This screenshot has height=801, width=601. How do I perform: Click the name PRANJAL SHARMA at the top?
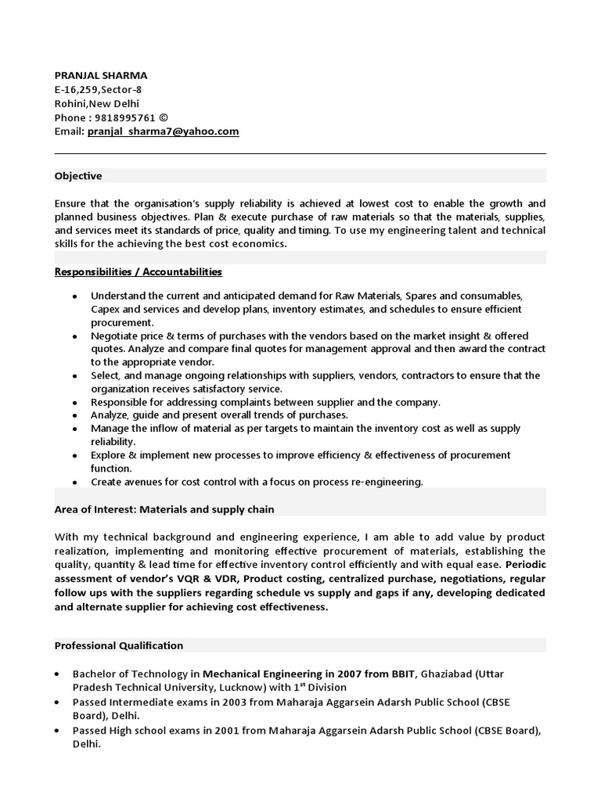click(100, 75)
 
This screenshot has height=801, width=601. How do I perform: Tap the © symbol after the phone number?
click(163, 117)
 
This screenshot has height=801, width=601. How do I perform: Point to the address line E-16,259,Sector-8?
click(98, 89)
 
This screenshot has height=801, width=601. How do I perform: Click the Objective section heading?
click(78, 176)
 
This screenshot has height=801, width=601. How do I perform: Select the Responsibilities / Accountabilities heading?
click(139, 271)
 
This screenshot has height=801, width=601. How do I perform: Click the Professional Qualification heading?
click(118, 645)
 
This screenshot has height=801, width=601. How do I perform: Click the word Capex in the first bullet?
click(105, 309)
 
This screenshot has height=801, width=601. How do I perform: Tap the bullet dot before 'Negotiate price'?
click(74, 336)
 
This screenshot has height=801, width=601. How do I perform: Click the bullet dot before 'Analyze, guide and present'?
click(74, 415)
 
